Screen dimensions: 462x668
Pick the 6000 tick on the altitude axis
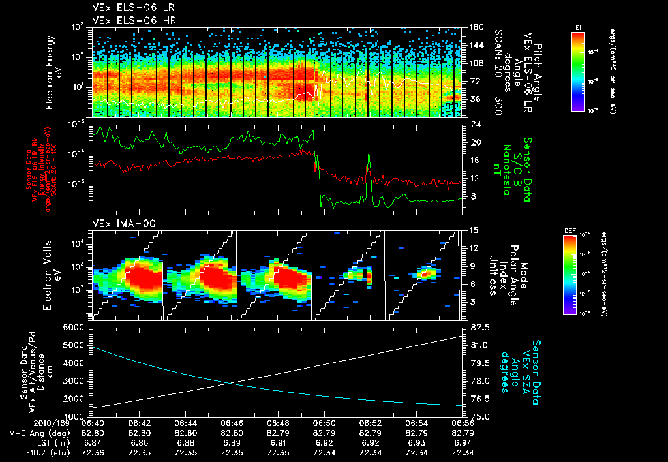[x=76, y=327]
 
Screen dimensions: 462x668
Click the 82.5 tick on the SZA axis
[x=475, y=327]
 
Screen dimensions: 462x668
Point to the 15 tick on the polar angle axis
[x=474, y=230]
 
